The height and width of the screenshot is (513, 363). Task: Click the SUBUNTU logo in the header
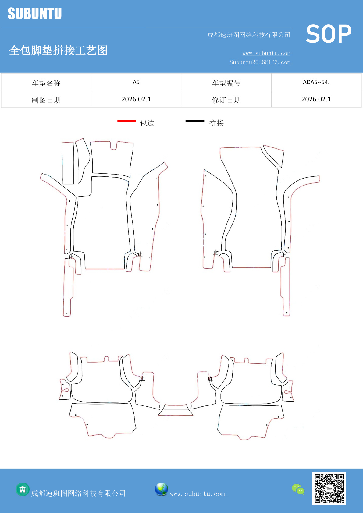pos(35,13)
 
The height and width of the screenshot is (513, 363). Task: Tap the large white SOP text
pos(329,34)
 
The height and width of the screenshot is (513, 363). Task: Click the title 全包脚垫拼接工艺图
pos(58,50)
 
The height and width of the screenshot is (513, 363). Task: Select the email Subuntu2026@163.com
pos(260,62)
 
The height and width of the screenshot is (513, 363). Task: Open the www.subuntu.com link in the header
pos(266,53)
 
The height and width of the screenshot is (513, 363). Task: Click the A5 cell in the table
pos(136,82)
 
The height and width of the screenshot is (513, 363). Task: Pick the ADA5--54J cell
pos(316,82)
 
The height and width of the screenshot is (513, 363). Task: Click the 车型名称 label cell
pos(46,83)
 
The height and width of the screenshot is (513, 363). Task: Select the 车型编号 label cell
pos(226,83)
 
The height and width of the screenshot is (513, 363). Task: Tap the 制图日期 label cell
pos(46,100)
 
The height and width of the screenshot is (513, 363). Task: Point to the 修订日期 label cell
pos(226,100)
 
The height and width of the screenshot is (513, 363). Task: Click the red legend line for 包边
pos(127,120)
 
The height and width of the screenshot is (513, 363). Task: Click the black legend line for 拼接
pos(195,121)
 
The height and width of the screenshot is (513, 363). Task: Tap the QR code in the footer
pos(329,488)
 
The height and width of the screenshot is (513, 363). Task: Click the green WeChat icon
pos(298,489)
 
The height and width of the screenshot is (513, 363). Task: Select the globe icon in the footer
pos(161,489)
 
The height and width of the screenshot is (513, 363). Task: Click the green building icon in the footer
pos(23,490)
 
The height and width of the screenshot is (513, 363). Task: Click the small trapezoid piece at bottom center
pos(176,410)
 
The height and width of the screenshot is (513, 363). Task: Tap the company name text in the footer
pos(78,493)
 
